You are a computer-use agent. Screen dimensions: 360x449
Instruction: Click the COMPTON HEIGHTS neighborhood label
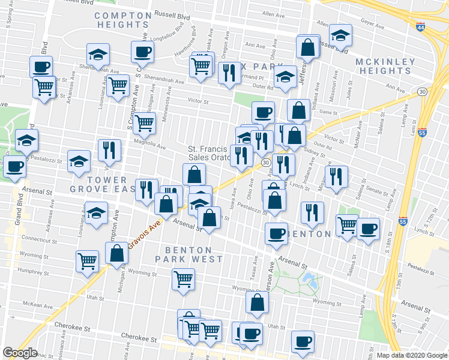(122, 20)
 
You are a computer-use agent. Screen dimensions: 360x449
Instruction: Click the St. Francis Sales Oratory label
(207, 154)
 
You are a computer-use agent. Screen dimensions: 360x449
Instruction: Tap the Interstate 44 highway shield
(420, 26)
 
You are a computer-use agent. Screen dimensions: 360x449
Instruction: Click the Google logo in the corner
(20, 353)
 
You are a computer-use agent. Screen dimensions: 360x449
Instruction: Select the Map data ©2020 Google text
(412, 355)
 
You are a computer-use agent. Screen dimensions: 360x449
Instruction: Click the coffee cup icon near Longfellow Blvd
(143, 52)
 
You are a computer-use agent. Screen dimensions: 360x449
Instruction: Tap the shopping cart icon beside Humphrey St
(87, 261)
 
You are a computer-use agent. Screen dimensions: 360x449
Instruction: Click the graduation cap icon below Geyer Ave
(340, 36)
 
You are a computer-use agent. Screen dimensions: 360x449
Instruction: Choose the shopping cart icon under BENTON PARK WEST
(183, 278)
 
